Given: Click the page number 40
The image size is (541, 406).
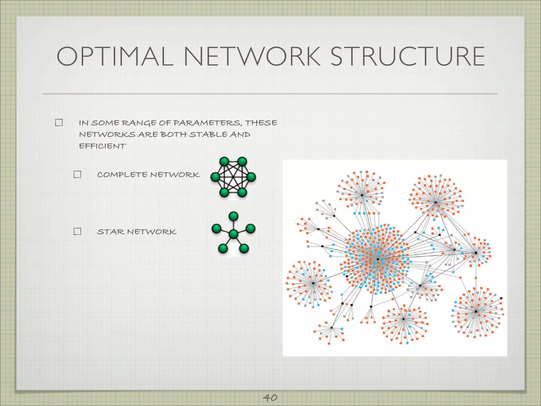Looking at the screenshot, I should pyautogui.click(x=270, y=397).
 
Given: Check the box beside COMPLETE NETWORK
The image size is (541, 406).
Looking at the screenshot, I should pyautogui.click(x=77, y=174).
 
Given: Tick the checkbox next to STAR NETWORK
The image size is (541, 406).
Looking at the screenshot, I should pyautogui.click(x=77, y=232).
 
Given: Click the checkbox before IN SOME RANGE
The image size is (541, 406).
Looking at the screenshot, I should pyautogui.click(x=59, y=123).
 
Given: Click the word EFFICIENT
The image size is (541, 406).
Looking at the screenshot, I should pyautogui.click(x=102, y=146).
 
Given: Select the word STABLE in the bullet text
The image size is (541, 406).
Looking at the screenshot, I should pyautogui.click(x=208, y=135).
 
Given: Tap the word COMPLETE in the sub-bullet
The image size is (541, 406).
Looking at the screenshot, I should pyautogui.click(x=122, y=175).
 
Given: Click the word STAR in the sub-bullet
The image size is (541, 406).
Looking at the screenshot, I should pyautogui.click(x=111, y=232).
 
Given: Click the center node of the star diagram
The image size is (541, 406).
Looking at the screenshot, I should pyautogui.click(x=234, y=234).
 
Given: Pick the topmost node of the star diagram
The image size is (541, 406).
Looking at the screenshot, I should pyautogui.click(x=234, y=216).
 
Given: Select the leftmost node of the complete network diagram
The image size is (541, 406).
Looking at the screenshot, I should pyautogui.click(x=215, y=177).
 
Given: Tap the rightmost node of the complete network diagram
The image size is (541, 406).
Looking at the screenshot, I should pyautogui.click(x=251, y=177).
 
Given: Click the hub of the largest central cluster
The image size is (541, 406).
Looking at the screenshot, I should pyautogui.click(x=377, y=259).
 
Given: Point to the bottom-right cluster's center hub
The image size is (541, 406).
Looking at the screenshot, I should pyautogui.click(x=476, y=312).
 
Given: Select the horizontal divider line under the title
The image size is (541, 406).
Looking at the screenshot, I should pyautogui.click(x=270, y=94).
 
